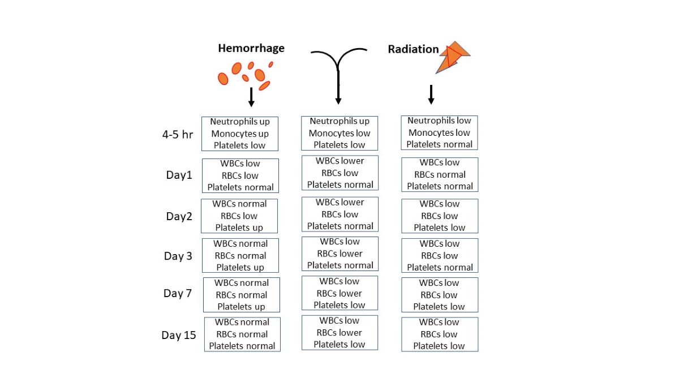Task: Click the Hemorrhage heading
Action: [251, 49]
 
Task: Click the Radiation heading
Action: [413, 49]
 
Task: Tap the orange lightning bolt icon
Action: [452, 57]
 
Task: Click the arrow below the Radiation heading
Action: [431, 94]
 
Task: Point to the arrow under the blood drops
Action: [251, 97]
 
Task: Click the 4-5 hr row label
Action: [178, 135]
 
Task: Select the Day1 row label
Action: [179, 175]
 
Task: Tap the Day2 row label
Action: [179, 216]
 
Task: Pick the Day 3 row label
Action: [178, 256]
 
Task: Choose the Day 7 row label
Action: [178, 293]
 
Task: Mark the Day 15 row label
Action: [179, 335]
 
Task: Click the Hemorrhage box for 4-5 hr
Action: [240, 134]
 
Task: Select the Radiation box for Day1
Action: [440, 174]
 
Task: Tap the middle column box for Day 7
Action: [339, 293]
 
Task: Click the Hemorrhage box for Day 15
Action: [242, 334]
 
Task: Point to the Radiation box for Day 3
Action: [440, 255]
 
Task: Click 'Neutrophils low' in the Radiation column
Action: [439, 121]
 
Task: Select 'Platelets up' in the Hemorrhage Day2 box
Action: [239, 228]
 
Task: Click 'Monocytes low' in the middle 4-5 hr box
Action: [339, 133]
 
